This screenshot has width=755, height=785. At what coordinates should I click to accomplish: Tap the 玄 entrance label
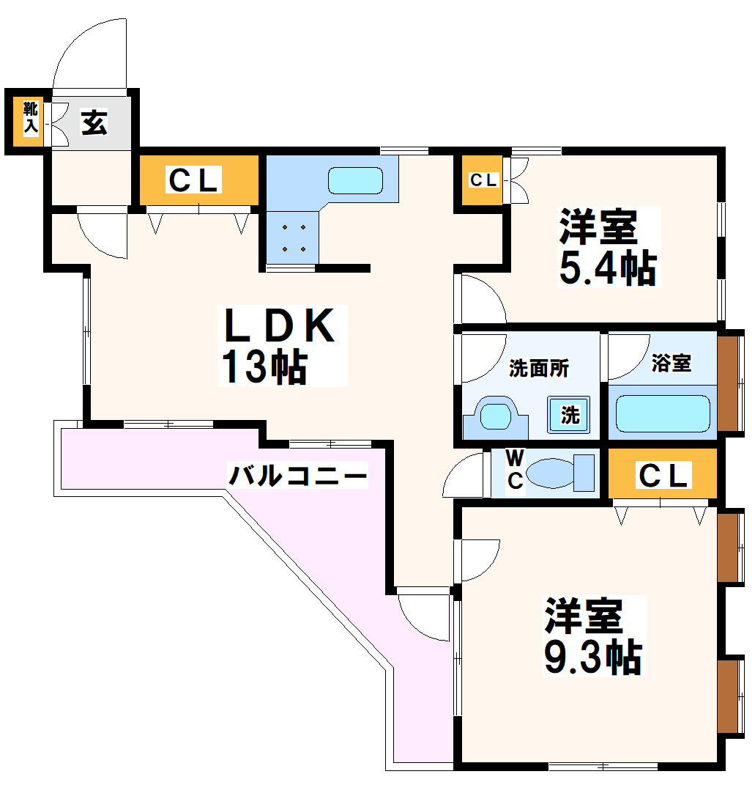pos(94,122)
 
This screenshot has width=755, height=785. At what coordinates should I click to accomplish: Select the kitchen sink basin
pos(355,180)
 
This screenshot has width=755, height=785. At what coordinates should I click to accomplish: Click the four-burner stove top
pos(294,237)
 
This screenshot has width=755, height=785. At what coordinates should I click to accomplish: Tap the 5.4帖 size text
pos(607,268)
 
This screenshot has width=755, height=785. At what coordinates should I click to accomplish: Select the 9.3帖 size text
pos(592,657)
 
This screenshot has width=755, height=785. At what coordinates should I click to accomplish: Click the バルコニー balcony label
pos(297,477)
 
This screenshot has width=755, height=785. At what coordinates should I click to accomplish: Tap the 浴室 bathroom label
pos(671,363)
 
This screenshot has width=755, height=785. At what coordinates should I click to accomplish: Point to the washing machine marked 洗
pos(569,415)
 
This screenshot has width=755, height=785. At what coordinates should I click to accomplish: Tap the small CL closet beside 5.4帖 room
pos(482,180)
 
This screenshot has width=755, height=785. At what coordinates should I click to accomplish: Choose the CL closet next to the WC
pos(663,476)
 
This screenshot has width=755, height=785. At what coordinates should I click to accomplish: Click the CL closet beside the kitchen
pos(194,180)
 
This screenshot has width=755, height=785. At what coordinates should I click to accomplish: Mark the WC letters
pos(516,469)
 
